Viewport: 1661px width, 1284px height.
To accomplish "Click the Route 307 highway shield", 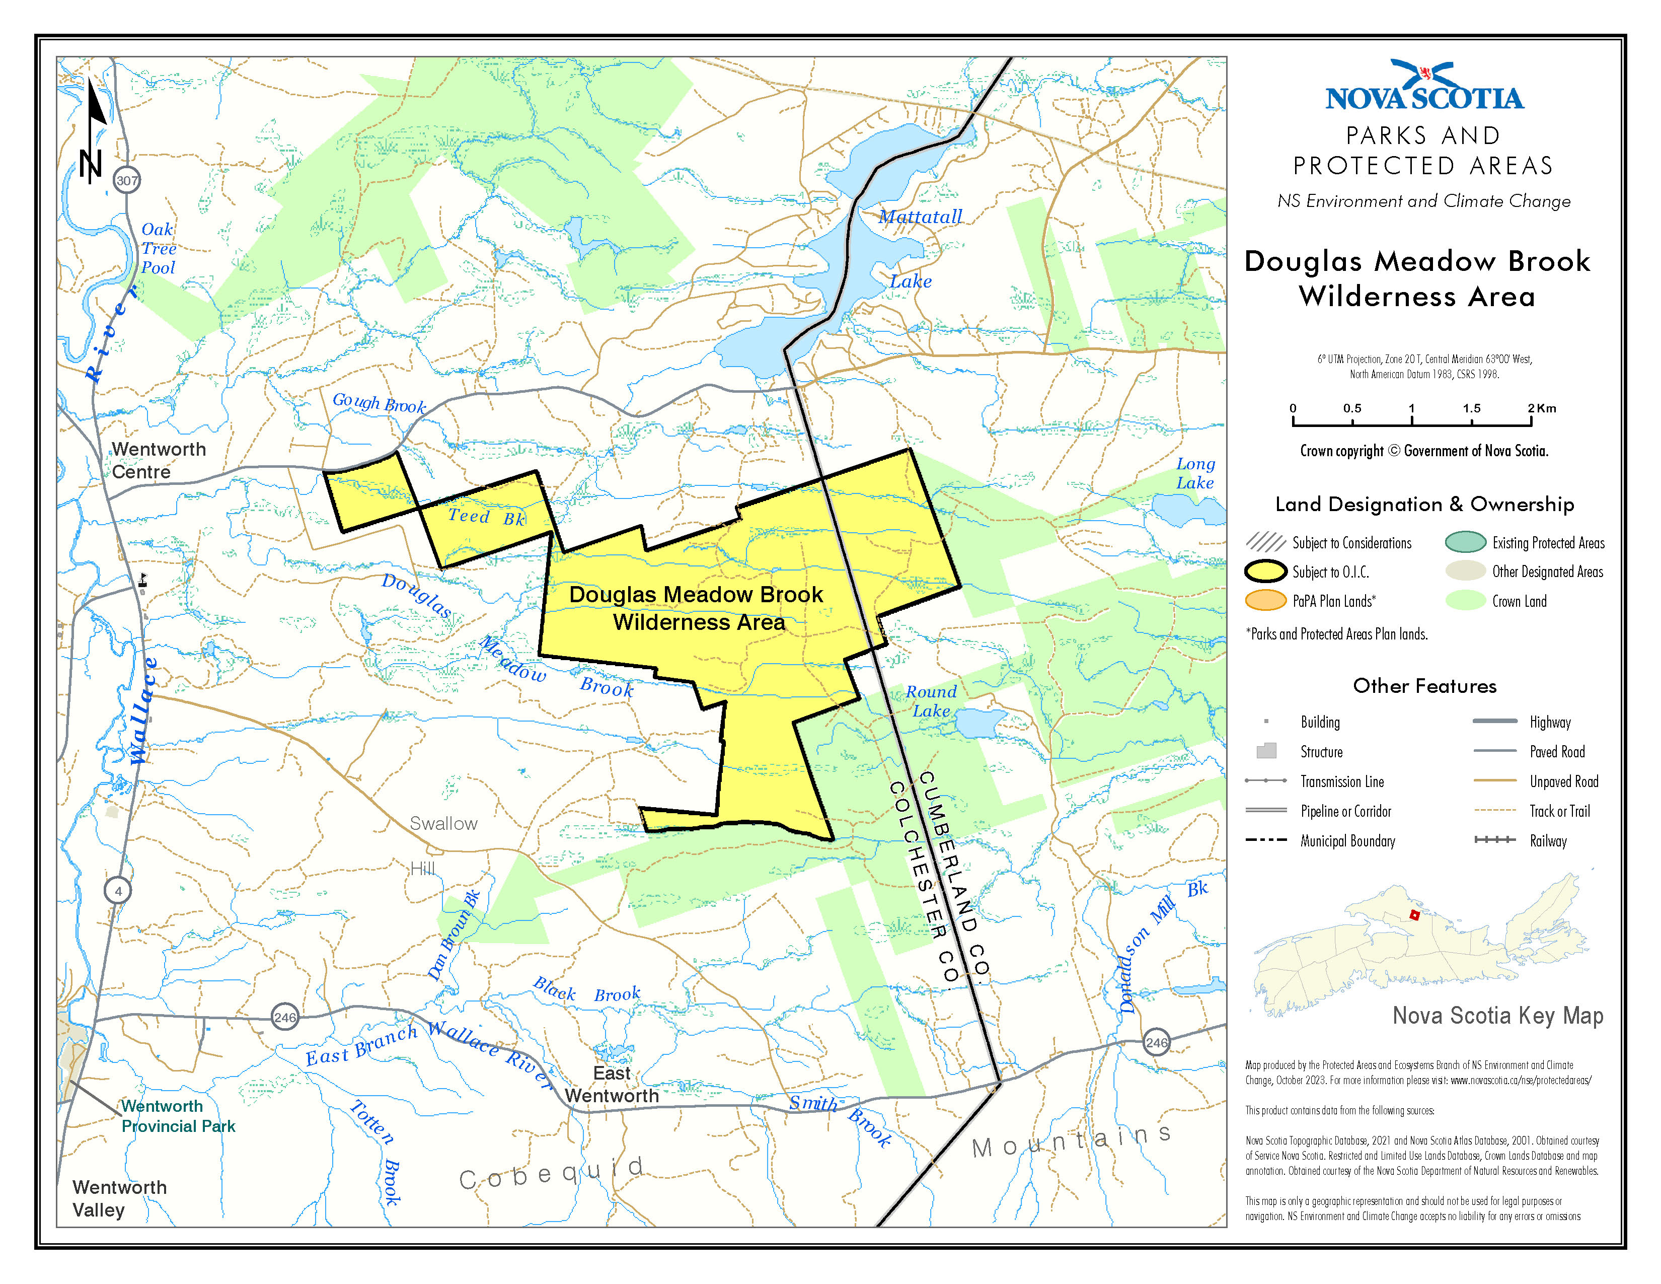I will click(x=127, y=180).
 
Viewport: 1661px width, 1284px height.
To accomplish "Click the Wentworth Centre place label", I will click(x=158, y=460).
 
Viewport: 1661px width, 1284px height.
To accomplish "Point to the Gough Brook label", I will click(x=379, y=403).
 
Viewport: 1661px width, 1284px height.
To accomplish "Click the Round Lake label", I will click(x=931, y=700).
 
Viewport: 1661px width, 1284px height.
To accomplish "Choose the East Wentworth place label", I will click(x=612, y=1084).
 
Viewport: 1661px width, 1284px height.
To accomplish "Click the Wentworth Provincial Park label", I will click(x=178, y=1116).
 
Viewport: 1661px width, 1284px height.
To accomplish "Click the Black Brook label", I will click(x=586, y=991).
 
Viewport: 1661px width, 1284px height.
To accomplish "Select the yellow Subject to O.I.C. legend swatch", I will click(x=1265, y=572).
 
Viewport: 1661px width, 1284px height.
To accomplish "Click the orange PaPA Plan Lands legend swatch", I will click(x=1265, y=601).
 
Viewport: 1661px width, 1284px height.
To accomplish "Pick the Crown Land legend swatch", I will click(x=1465, y=601).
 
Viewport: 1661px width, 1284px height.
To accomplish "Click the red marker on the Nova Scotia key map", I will click(x=1414, y=915).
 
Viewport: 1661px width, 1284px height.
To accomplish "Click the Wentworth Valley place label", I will click(x=119, y=1198).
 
